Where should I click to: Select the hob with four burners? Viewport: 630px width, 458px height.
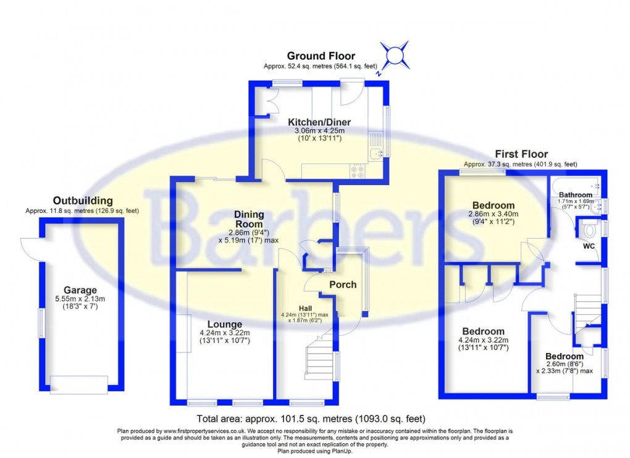click(358, 170)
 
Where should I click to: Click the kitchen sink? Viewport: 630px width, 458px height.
click(376, 154)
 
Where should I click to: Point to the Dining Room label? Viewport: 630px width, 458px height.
click(249, 219)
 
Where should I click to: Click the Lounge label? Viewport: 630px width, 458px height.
click(224, 324)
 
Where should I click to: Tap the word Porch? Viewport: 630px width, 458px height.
click(342, 285)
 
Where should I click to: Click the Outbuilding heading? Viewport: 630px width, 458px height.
click(83, 201)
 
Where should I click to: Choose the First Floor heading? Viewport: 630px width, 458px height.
click(521, 154)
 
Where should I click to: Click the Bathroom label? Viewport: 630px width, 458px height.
click(576, 194)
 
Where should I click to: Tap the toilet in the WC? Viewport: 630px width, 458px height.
click(590, 230)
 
